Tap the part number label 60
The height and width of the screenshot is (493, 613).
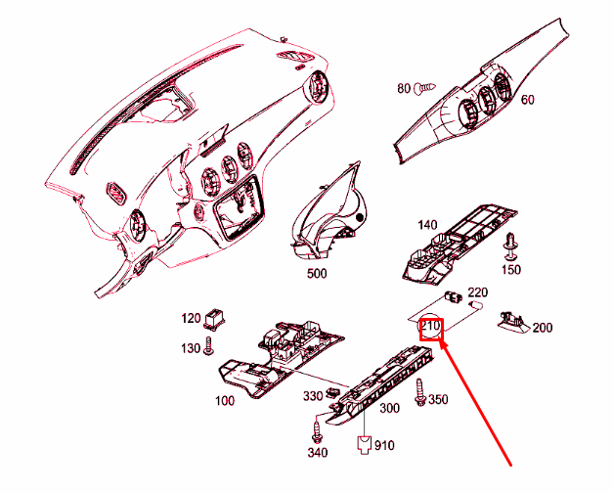tap(527, 100)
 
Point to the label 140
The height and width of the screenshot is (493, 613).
tap(426, 224)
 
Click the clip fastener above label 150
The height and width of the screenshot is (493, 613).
tap(509, 245)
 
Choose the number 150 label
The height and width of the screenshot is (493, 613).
tap(510, 269)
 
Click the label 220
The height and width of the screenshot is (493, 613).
tap(478, 292)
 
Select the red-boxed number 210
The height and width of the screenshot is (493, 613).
tap(431, 327)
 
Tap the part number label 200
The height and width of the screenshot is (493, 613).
tap(543, 327)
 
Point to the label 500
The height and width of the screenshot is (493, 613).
tap(316, 274)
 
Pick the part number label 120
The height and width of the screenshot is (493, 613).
tap(191, 318)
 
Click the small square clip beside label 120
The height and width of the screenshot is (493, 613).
tap(217, 318)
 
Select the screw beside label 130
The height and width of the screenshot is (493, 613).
tap(208, 347)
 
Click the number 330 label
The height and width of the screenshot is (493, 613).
tap(311, 396)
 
